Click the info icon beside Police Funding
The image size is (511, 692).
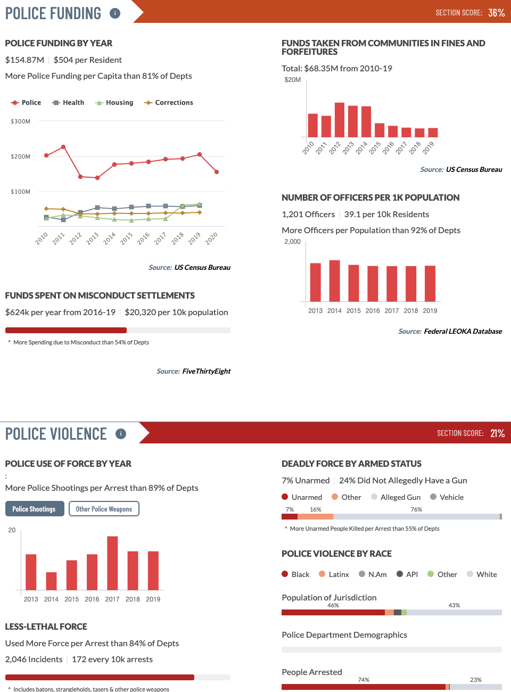(115, 13)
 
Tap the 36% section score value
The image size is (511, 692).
(496, 13)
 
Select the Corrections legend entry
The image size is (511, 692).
(169, 103)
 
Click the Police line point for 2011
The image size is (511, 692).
(63, 147)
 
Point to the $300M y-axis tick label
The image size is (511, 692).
(20, 121)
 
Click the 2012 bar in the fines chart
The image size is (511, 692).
(340, 120)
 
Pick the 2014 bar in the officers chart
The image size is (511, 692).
(334, 281)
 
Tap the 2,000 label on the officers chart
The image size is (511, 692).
(292, 242)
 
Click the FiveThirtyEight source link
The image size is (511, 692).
(206, 371)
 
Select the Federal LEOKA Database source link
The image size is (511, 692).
(463, 331)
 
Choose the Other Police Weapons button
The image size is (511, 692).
(104, 509)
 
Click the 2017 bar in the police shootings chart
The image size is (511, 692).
(112, 563)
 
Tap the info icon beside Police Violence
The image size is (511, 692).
(121, 434)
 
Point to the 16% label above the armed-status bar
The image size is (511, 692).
(316, 509)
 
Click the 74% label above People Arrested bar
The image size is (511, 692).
(364, 680)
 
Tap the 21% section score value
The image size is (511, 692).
(497, 433)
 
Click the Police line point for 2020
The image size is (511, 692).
(217, 172)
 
